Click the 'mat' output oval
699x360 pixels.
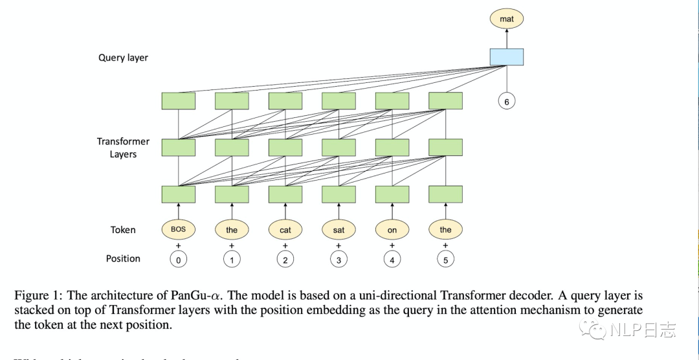coord(506,19)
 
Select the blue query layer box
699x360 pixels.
coord(506,57)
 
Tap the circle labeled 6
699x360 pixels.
coord(507,102)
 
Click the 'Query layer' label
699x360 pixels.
coord(123,58)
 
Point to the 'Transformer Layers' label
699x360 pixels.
coord(123,148)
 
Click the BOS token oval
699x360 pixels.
coord(178,229)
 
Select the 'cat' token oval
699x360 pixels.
coord(285,229)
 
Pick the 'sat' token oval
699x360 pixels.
coord(338,229)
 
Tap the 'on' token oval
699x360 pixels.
coord(392,229)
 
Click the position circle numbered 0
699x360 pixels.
coord(178,259)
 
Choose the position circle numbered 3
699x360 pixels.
coord(338,259)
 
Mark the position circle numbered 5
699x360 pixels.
coord(445,259)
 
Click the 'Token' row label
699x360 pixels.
coord(123,229)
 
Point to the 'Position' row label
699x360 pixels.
coord(123,258)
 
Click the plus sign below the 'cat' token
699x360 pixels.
coord(285,245)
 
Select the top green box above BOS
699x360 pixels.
coord(178,101)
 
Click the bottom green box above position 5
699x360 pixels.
coord(445,194)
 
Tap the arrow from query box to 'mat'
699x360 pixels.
coord(506,38)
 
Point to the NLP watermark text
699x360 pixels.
coord(643,330)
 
